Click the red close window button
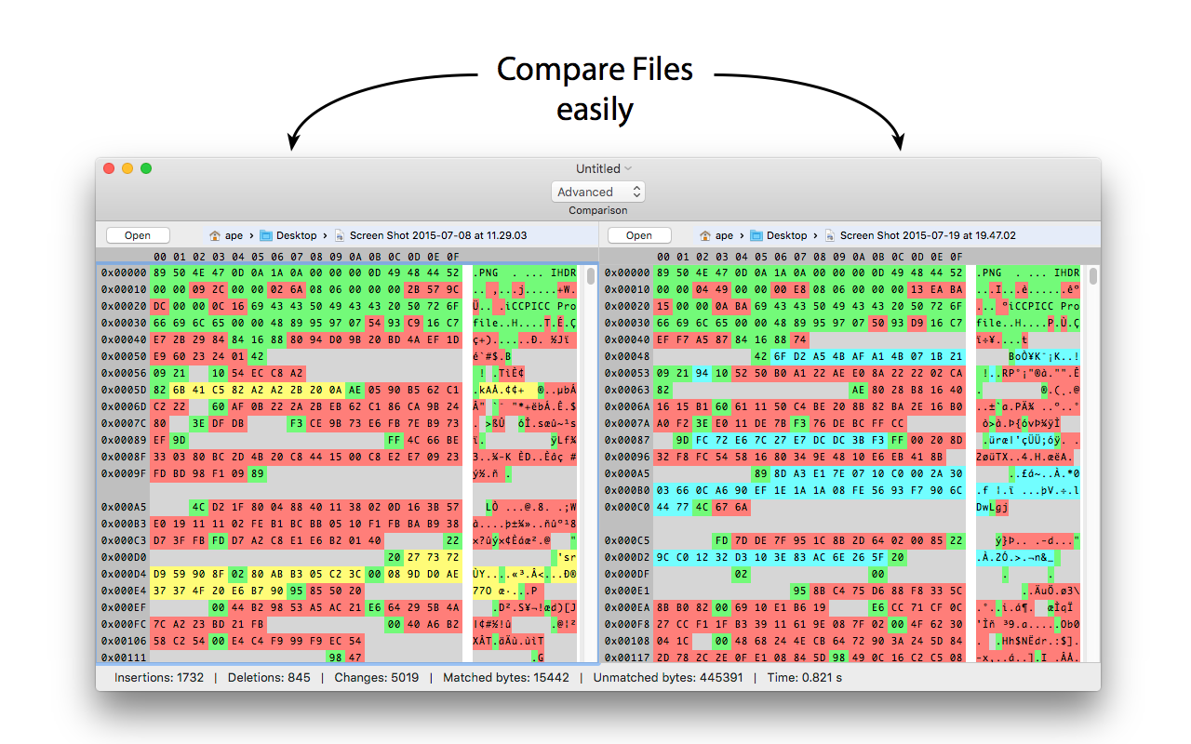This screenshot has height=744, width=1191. click(x=109, y=168)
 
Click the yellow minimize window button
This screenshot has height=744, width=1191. click(x=127, y=168)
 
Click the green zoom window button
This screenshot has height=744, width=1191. click(x=146, y=168)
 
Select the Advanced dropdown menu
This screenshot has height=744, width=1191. click(x=598, y=192)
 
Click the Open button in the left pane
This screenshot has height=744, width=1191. click(x=138, y=235)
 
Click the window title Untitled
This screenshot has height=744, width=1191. click(x=598, y=168)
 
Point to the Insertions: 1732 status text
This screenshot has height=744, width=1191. click(x=159, y=678)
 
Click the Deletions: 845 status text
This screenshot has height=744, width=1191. click(x=269, y=678)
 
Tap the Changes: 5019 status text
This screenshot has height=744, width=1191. click(x=377, y=678)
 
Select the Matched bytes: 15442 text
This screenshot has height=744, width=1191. click(x=506, y=678)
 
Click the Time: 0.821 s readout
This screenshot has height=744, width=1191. click(x=805, y=678)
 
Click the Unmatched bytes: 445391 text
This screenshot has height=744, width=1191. click(x=668, y=678)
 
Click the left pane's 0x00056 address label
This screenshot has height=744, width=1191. click(x=124, y=373)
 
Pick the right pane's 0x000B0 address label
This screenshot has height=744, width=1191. click(x=627, y=490)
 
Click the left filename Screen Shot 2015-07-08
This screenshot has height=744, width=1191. click(x=438, y=235)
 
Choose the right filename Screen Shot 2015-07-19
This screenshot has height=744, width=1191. click(x=928, y=235)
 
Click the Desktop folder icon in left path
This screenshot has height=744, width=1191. click(x=266, y=235)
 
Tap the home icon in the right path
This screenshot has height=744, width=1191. click(x=705, y=235)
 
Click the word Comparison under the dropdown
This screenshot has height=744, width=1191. click(x=598, y=210)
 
